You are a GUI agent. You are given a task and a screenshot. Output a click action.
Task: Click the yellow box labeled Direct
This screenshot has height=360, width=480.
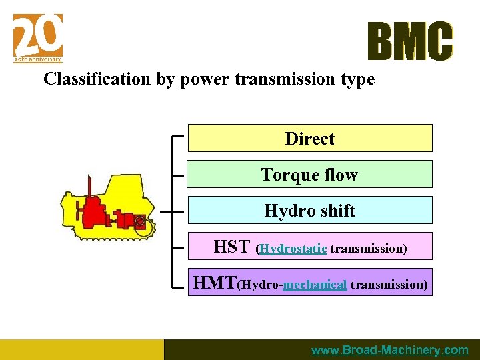(x=309, y=138)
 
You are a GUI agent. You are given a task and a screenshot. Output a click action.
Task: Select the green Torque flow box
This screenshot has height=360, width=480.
(x=309, y=174)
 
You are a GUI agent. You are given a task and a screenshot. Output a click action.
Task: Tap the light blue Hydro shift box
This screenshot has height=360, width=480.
(x=309, y=210)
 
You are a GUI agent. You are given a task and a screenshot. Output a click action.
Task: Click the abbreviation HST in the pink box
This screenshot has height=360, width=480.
(x=231, y=247)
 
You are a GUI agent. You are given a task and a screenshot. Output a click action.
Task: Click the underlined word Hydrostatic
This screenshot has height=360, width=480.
(x=293, y=249)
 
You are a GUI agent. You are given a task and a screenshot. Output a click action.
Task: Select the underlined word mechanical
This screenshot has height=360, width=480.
(x=315, y=285)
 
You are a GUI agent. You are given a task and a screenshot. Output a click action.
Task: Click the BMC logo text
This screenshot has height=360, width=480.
(x=410, y=41)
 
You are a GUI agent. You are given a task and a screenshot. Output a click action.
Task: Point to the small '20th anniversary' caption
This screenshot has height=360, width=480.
(x=38, y=59)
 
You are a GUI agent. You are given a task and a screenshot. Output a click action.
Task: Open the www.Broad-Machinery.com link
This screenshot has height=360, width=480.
(x=390, y=350)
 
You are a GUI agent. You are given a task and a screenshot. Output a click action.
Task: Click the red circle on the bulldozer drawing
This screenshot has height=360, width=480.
(x=139, y=221)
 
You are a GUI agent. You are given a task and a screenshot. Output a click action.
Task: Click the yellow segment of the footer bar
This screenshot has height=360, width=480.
(x=81, y=349)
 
